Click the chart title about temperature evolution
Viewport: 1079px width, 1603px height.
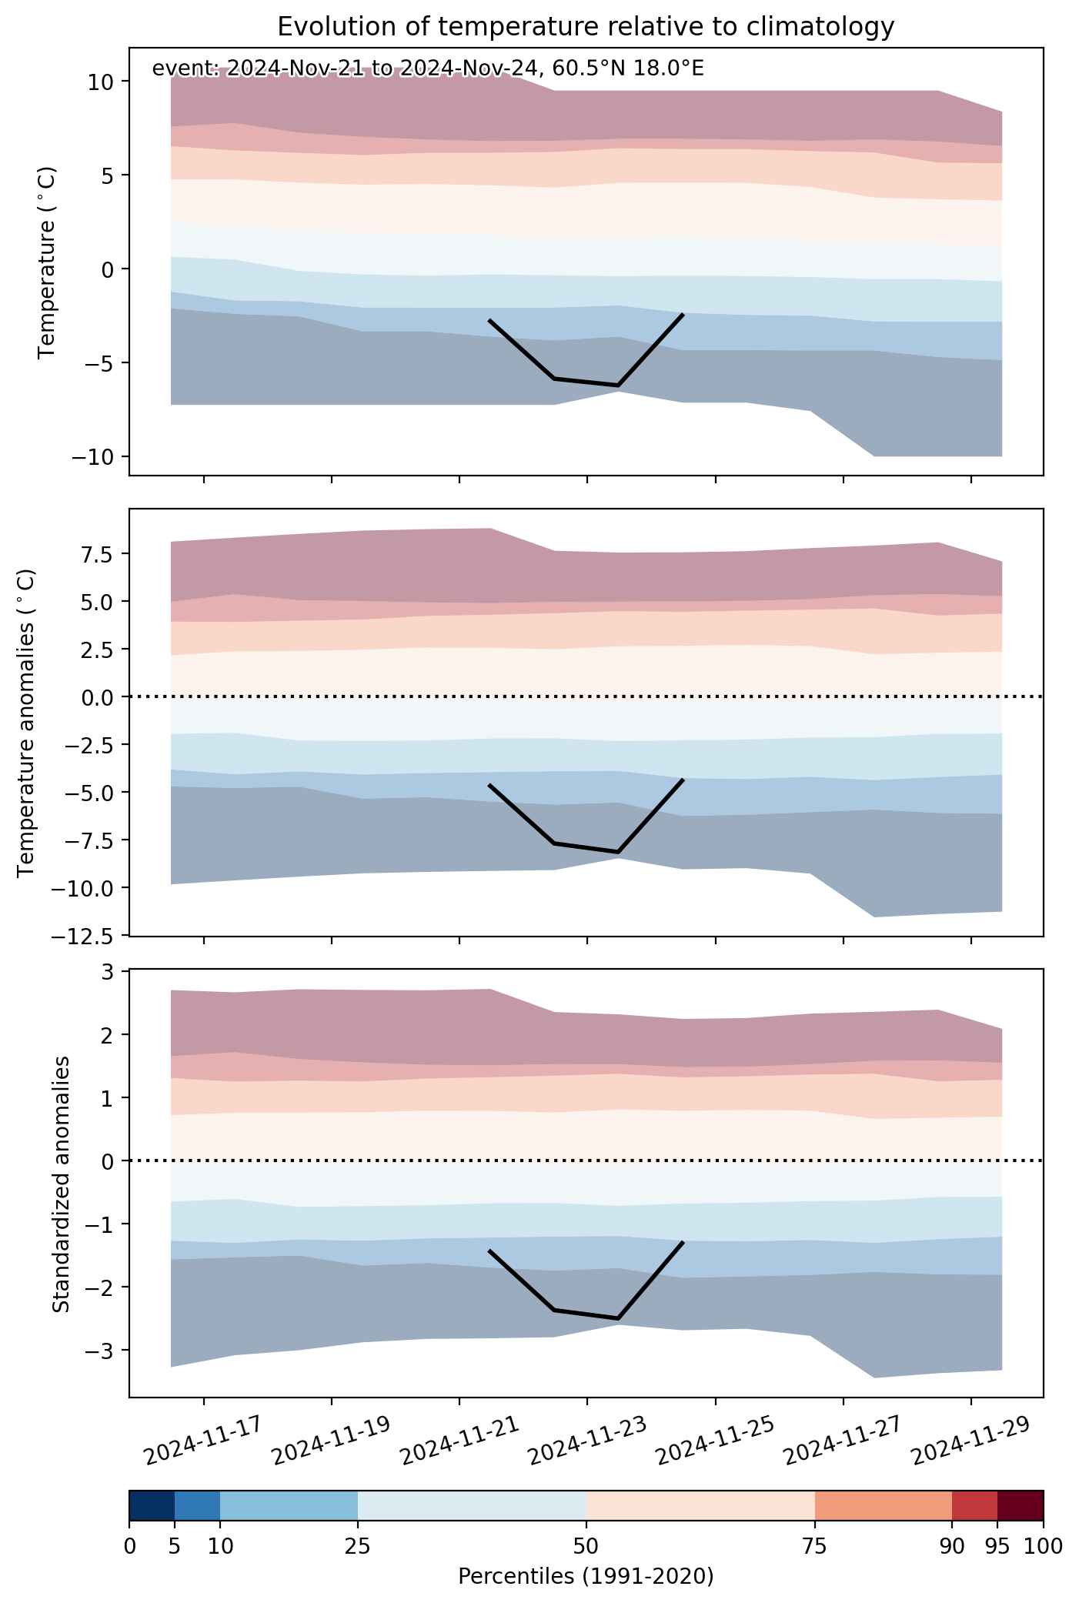click(586, 27)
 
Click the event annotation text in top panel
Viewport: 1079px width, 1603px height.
click(428, 68)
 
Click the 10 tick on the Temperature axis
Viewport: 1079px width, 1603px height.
click(101, 82)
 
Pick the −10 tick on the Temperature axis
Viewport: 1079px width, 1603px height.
click(92, 457)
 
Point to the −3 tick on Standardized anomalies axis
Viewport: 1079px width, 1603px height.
click(101, 1350)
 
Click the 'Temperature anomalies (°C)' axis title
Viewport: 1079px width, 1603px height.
click(27, 723)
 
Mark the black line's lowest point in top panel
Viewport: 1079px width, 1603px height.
click(618, 385)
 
